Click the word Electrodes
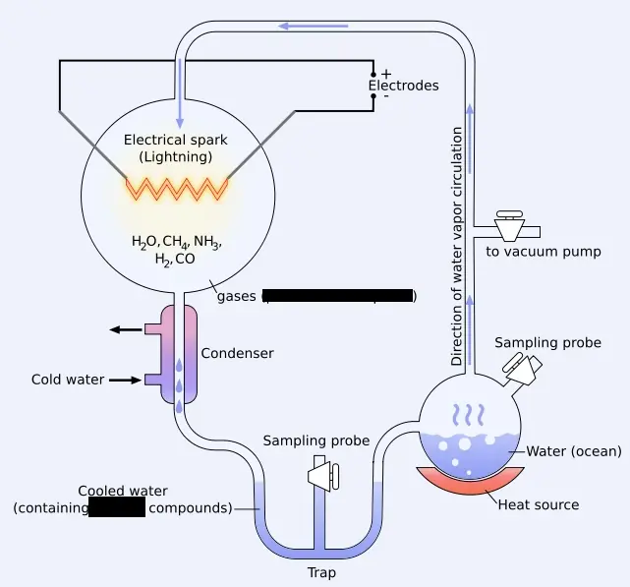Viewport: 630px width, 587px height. [x=403, y=86]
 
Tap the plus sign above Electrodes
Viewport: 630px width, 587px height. [x=385, y=74]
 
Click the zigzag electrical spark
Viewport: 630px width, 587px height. [x=176, y=187]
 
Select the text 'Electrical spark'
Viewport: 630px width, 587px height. [x=175, y=140]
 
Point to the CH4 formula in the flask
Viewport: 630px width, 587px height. [x=173, y=242]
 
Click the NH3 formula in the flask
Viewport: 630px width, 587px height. [x=207, y=242]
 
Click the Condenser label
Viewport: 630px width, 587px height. [x=237, y=353]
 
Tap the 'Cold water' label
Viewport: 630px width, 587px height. [x=67, y=380]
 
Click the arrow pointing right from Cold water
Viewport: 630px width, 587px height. [x=127, y=380]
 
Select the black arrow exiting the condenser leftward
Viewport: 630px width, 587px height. [x=126, y=329]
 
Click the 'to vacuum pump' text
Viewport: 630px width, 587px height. [x=544, y=252]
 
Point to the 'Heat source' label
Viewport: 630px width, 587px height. [x=539, y=505]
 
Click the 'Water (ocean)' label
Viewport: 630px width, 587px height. [x=574, y=451]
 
